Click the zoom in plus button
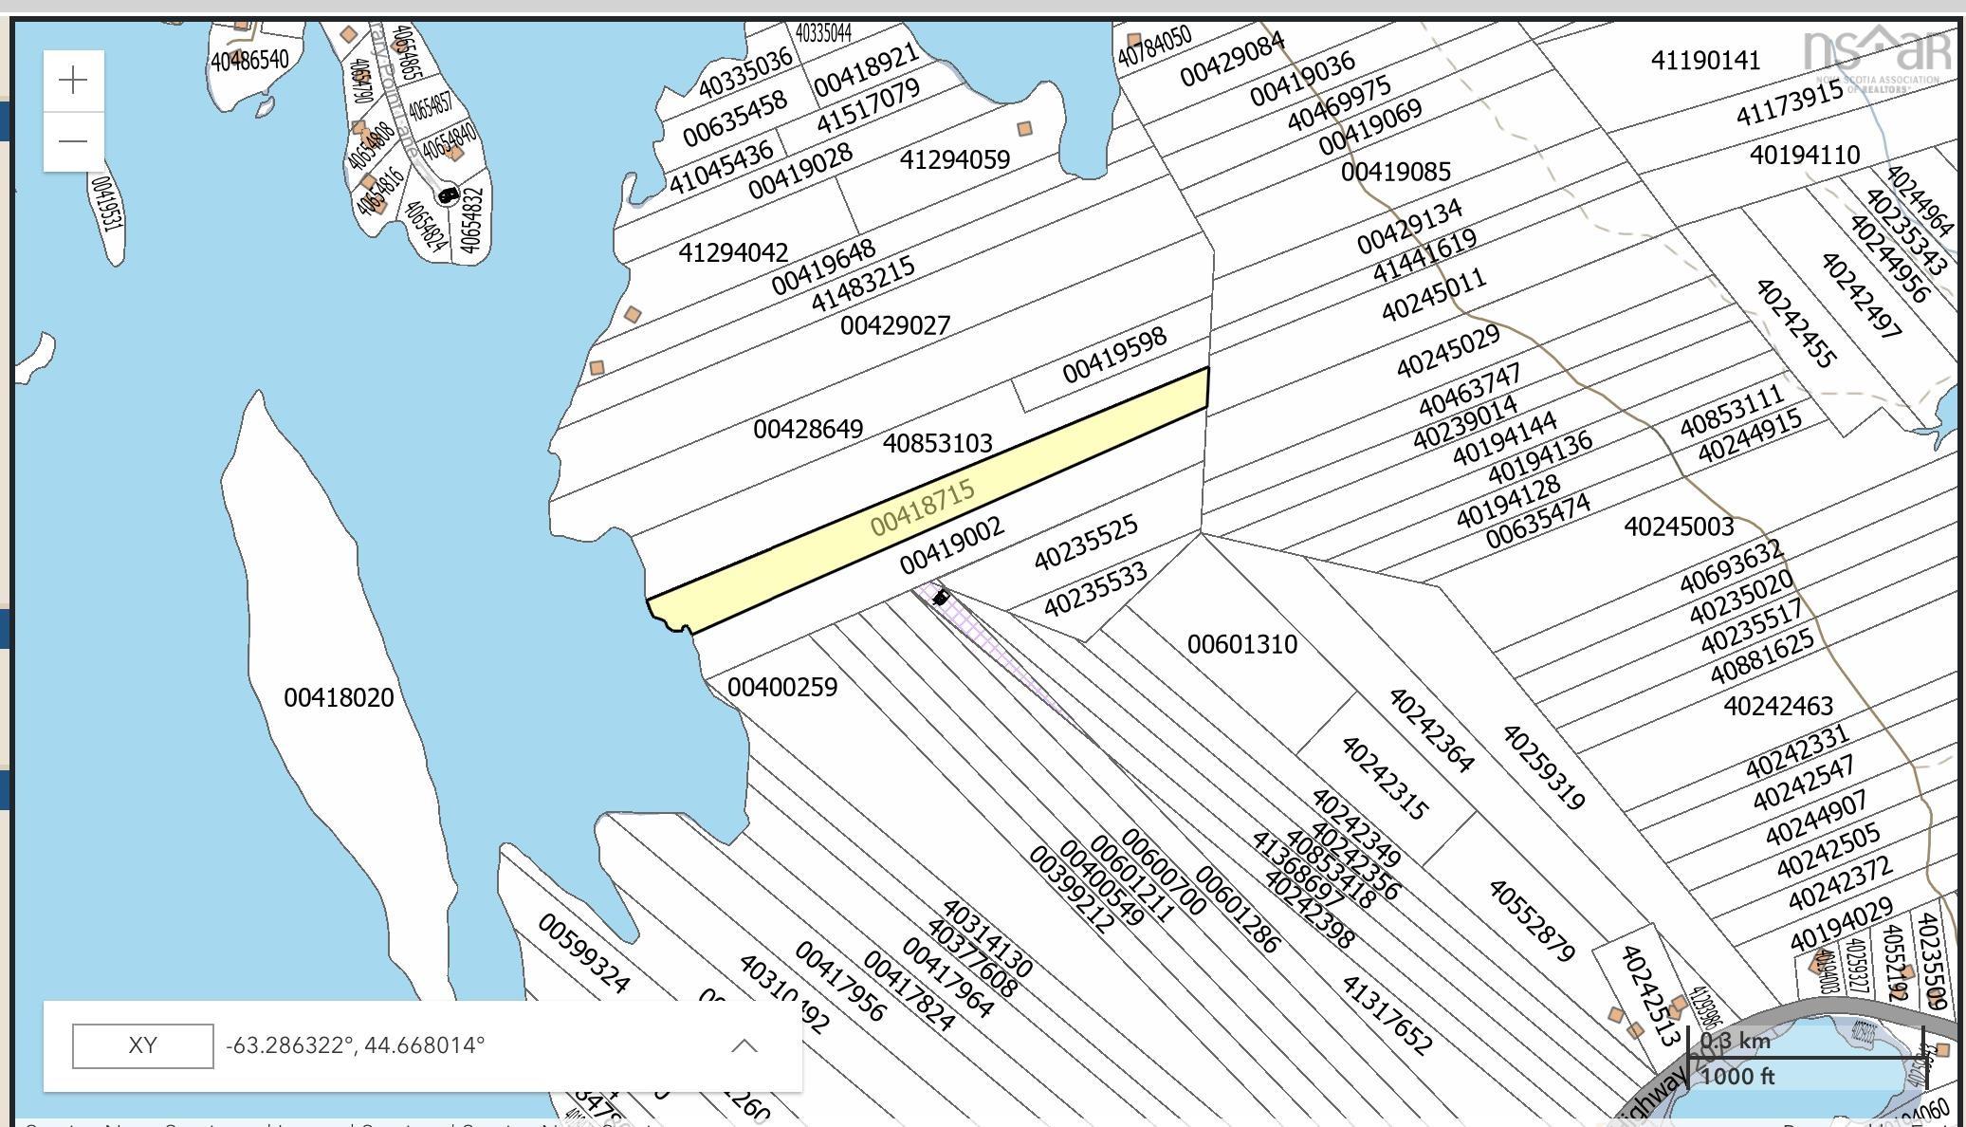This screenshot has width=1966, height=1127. pyautogui.click(x=73, y=81)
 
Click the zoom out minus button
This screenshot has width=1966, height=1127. pyautogui.click(x=73, y=141)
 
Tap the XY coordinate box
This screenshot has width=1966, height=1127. pyautogui.click(x=142, y=1045)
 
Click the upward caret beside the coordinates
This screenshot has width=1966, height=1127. pyautogui.click(x=744, y=1045)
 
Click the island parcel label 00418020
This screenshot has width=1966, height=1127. pyautogui.click(x=339, y=698)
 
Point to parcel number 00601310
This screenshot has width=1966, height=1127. pyautogui.click(x=1241, y=645)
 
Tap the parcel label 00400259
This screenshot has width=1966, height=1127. pyautogui.click(x=782, y=688)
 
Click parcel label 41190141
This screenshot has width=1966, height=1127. pyautogui.click(x=1705, y=61)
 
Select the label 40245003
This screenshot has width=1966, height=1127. pyautogui.click(x=1679, y=527)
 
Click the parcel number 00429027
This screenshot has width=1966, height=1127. pyautogui.click(x=894, y=326)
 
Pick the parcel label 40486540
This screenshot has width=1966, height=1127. pyautogui.click(x=249, y=61)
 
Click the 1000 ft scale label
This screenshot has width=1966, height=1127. pyautogui.click(x=1736, y=1077)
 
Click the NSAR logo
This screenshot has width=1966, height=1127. pyautogui.click(x=1876, y=57)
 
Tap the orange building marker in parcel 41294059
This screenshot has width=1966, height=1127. pyautogui.click(x=1024, y=128)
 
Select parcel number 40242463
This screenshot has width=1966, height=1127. pyautogui.click(x=1777, y=706)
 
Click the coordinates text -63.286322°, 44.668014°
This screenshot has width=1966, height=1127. pyautogui.click(x=355, y=1045)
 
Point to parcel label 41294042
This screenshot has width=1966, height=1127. pyautogui.click(x=733, y=253)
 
